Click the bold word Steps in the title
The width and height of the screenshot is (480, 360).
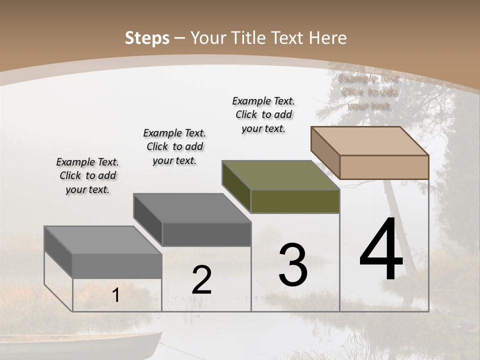point(147,38)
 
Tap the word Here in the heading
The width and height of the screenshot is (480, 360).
point(328,38)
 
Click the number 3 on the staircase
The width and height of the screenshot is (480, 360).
point(293,265)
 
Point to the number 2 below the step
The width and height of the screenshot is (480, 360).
point(201,280)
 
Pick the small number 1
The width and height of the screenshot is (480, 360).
point(115,295)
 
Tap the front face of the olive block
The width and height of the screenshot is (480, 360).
point(295,201)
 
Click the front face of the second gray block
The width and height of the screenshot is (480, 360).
point(206,234)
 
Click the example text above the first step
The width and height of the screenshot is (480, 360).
point(87,175)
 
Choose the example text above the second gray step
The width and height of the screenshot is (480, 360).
point(174,146)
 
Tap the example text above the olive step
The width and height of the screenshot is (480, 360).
point(263,114)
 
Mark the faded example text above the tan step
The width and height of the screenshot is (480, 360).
point(369,92)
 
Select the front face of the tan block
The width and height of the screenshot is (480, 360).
point(384,167)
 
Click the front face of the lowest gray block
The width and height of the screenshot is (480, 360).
point(117,266)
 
